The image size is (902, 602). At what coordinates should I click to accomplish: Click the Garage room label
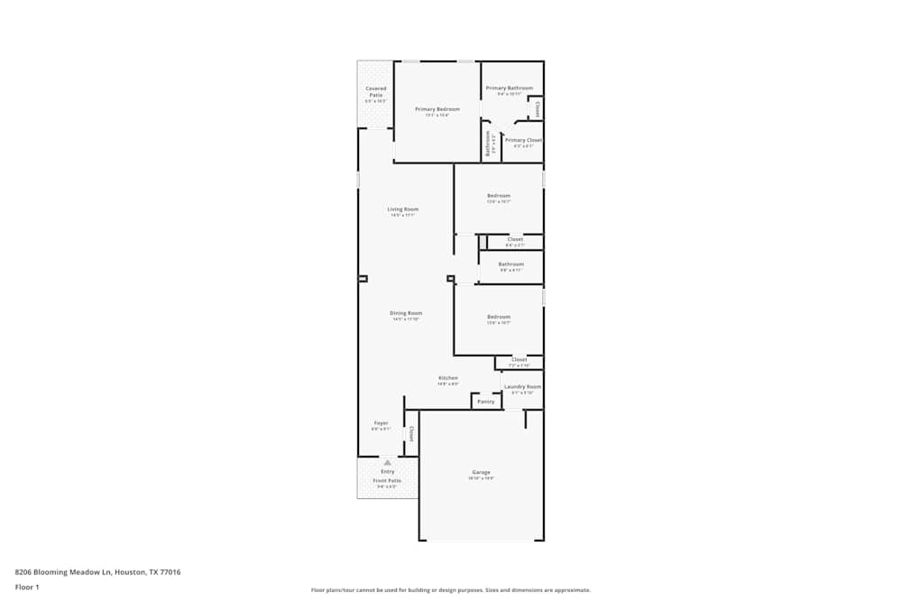point(481,472)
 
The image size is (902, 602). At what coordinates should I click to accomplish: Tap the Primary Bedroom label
point(431,109)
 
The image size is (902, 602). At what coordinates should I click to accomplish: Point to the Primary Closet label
point(523,140)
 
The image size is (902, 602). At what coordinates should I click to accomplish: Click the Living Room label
point(403,209)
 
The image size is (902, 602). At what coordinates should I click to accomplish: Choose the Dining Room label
point(406,313)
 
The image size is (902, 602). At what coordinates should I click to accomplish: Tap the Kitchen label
point(448,378)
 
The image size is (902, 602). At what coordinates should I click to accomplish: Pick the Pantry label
point(486,402)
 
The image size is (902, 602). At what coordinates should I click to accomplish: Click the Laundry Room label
point(522,386)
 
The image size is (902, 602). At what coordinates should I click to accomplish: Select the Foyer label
point(381,422)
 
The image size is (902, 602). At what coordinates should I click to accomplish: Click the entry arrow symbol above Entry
point(387,462)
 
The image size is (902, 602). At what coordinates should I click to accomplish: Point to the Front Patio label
point(387,481)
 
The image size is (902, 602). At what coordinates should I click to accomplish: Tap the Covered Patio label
point(375,91)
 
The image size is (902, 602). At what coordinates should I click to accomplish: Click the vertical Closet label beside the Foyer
point(411,434)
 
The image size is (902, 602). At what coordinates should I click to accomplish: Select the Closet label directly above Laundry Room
point(520,359)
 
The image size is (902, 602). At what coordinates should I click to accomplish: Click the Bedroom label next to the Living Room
point(499,196)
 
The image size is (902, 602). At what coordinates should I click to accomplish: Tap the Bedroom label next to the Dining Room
point(499,317)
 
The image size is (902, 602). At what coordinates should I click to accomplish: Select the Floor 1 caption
point(27,587)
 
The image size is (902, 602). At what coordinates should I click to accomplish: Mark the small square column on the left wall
point(363,279)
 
